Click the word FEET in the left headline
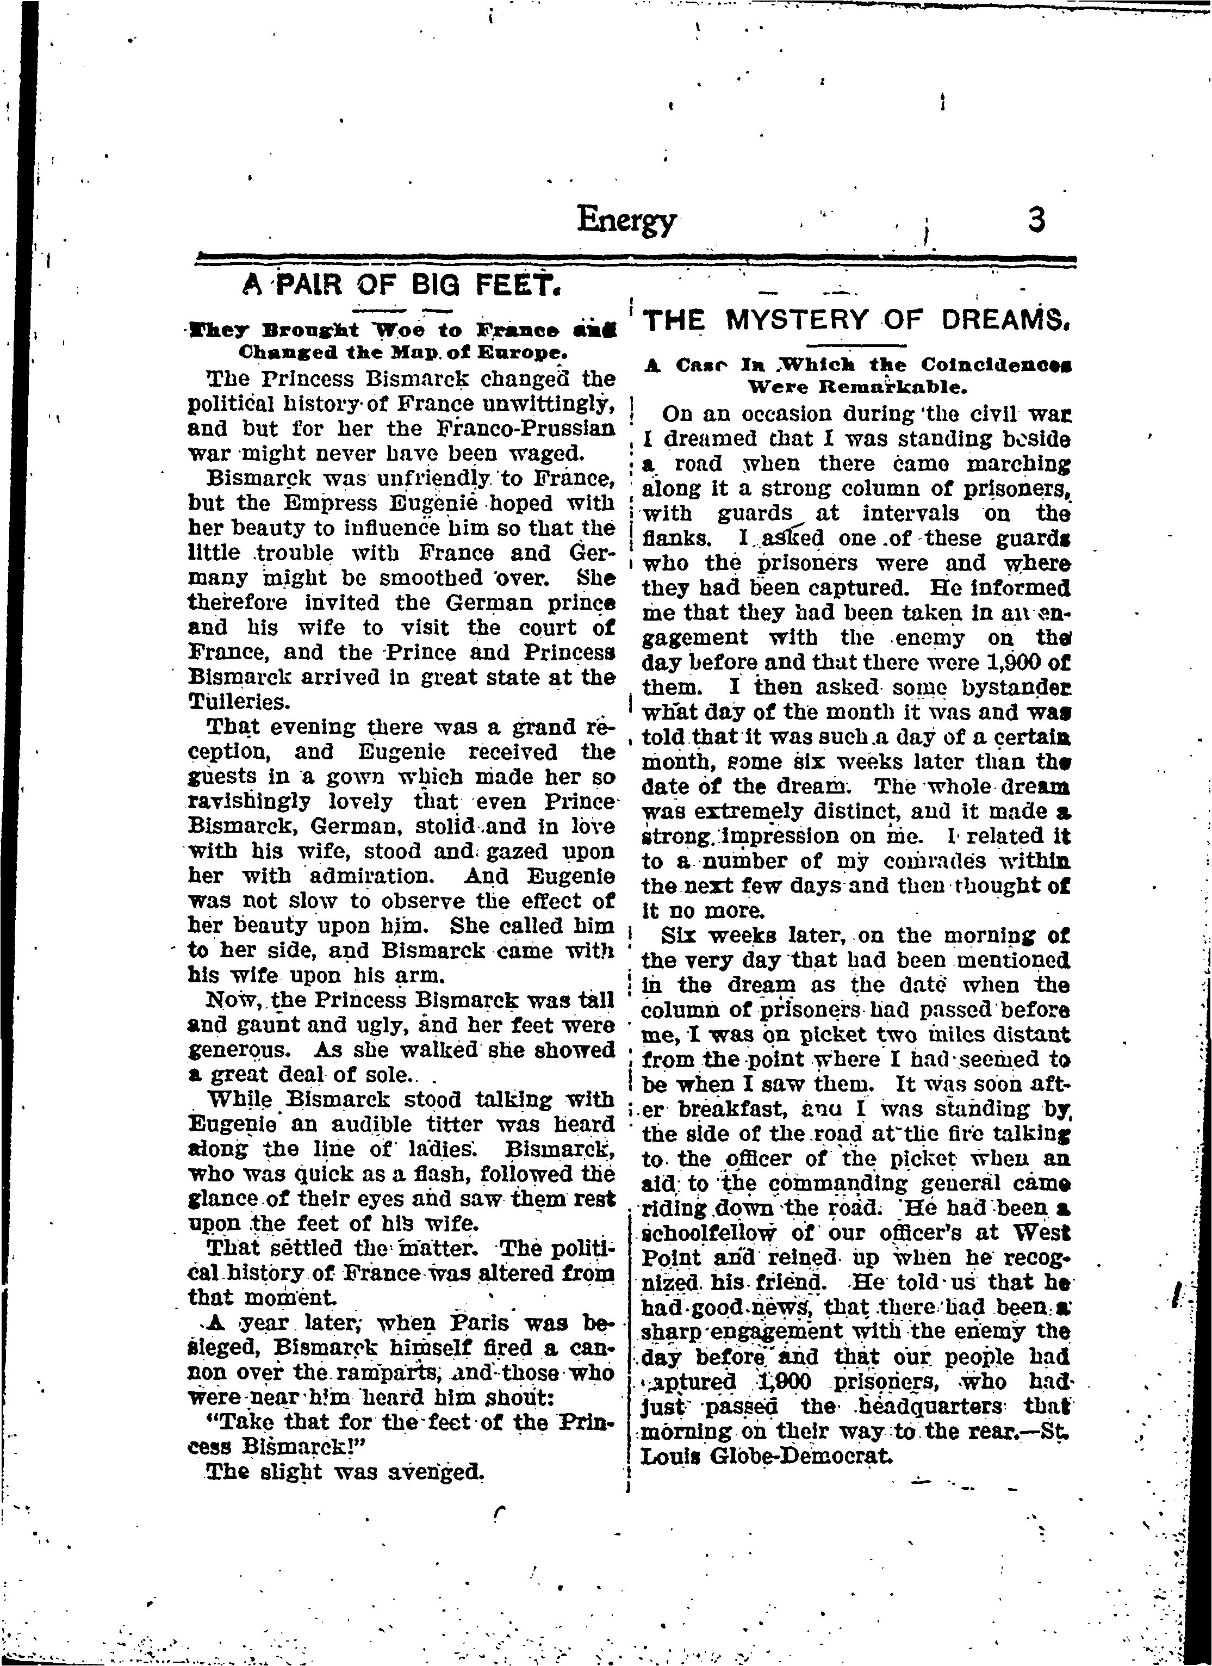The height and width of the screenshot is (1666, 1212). click(517, 283)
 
